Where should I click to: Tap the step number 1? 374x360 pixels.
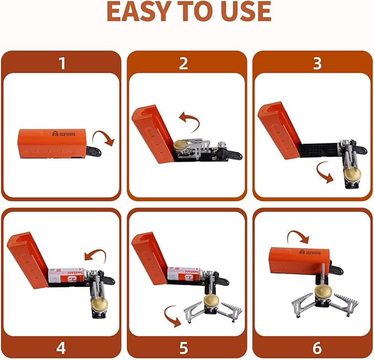(x=62, y=63)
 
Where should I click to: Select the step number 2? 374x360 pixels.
(x=184, y=63)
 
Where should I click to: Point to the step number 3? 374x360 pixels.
(x=317, y=63)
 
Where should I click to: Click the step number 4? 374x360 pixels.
(x=62, y=348)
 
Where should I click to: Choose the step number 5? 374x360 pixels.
(x=184, y=348)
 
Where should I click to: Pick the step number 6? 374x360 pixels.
(x=317, y=348)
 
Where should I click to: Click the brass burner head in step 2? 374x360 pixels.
(x=180, y=146)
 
